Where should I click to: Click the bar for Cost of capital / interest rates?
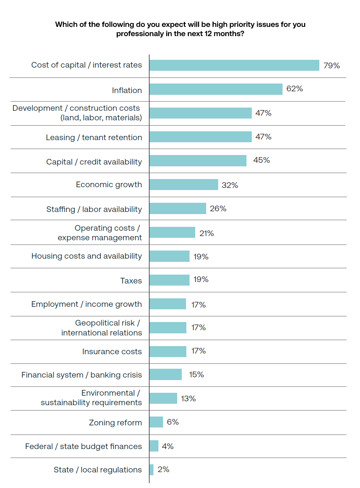pos(234,65)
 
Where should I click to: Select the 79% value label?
pos(331,66)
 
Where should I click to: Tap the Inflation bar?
pos(216,89)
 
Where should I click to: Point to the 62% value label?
pos(294,89)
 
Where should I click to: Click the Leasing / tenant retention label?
pos(94,138)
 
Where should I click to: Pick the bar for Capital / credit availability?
pos(198,161)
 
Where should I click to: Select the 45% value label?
pos(261,160)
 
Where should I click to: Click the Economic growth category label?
pos(109,185)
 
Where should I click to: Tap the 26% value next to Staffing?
pos(218,209)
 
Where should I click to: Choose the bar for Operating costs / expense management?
pos(172,232)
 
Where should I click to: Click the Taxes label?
pos(131,281)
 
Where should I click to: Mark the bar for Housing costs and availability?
pos(169,256)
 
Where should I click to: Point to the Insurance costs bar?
pos(168,351)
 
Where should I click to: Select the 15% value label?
pos(196,375)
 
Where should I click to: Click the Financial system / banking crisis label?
pos(81,375)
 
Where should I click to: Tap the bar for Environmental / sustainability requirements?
pos(163,398)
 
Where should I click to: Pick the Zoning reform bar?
pos(156,422)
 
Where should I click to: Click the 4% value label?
pos(168,447)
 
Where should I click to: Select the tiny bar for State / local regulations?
pos(151,470)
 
